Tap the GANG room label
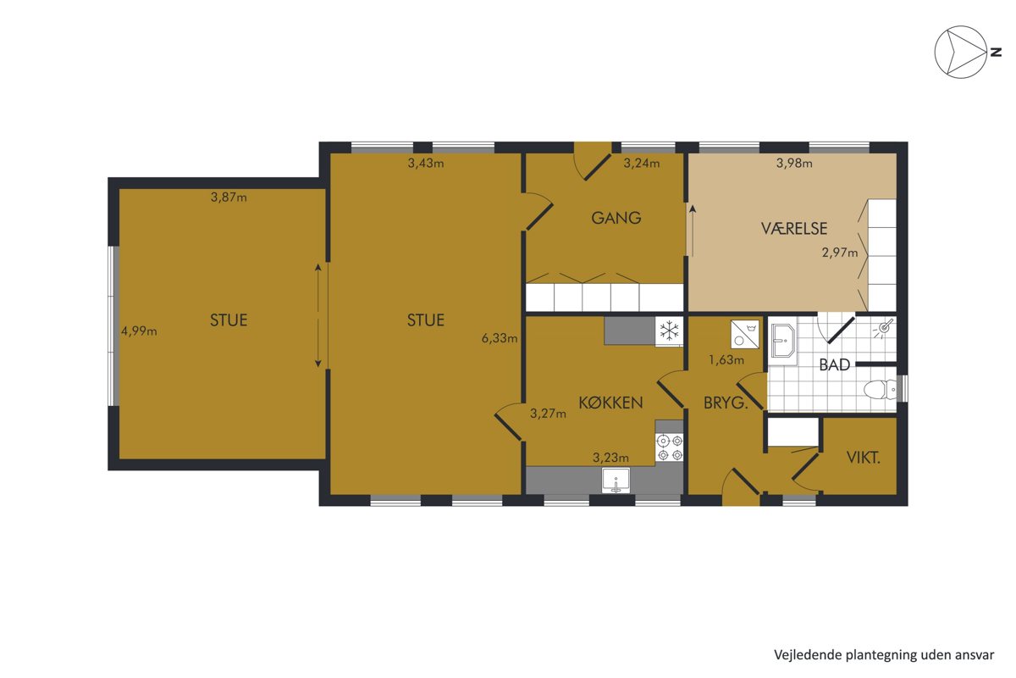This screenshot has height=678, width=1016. tap(616, 219)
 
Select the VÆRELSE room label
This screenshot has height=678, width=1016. tap(794, 229)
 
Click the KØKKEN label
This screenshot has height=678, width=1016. tap(610, 403)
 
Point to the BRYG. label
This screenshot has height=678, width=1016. tap(726, 403)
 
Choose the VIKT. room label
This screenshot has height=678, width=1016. tap(863, 458)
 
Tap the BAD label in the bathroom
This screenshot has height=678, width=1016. tap(834, 364)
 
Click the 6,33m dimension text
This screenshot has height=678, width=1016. tap(500, 338)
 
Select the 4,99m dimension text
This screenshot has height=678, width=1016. tap(139, 331)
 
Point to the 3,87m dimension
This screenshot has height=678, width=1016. tap(229, 197)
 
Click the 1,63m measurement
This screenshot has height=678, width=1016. tap(726, 360)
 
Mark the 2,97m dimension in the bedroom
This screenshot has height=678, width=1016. tap(840, 253)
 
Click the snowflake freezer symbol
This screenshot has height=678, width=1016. tap(669, 331)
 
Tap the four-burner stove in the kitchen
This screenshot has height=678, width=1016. tap(669, 447)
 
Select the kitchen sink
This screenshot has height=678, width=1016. tap(616, 481)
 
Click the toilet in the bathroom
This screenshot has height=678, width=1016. tap(881, 390)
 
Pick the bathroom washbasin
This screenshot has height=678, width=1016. tap(782, 339)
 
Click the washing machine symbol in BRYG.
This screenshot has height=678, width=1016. tap(745, 335)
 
